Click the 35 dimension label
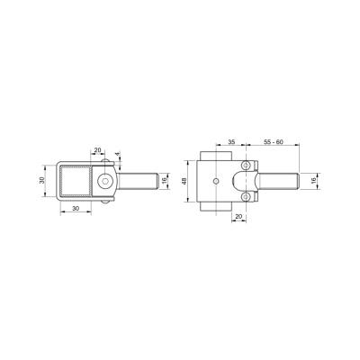pos(231,142)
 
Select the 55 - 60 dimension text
pos(274,142)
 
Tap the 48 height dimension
pos(184,181)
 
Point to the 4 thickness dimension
pos(117,154)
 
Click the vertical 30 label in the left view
pos(42,180)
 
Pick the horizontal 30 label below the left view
pos(76,208)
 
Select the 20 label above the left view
pos(98,149)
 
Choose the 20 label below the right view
pos(239,216)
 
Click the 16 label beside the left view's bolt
pos(164,181)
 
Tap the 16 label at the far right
pos(313,181)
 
